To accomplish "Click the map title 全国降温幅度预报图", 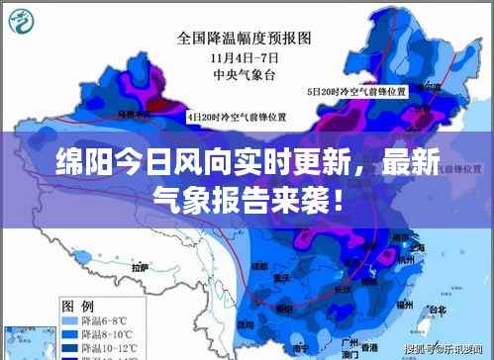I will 244,40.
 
